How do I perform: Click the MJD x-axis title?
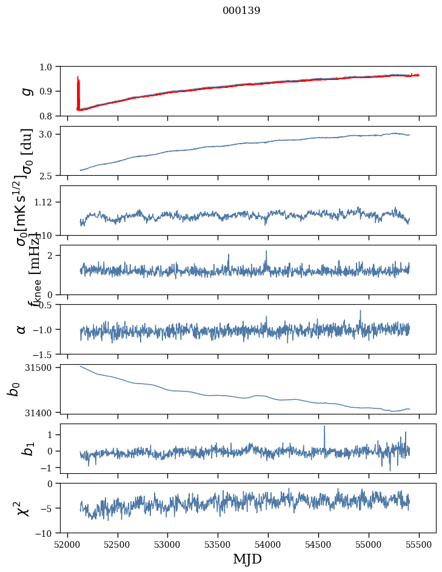coord(247,559)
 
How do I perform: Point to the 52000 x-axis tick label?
coord(67,544)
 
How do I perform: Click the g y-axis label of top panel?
coord(25,91)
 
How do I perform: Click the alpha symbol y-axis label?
coord(22,329)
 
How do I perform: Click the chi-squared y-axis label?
coord(24,508)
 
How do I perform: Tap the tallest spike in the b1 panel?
coord(324,427)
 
